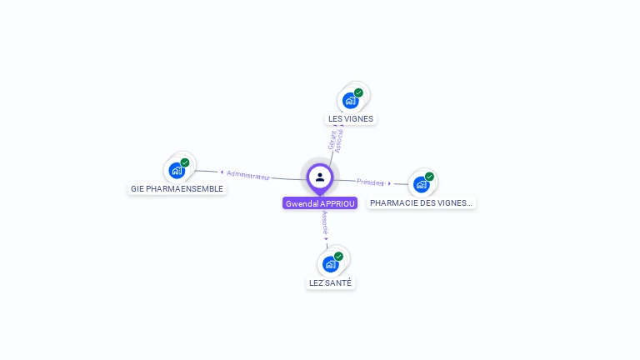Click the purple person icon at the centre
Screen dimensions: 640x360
click(x=320, y=177)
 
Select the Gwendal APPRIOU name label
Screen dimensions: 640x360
click(x=320, y=203)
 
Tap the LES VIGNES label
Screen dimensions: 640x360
click(x=351, y=118)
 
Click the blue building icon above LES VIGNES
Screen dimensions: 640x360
click(x=351, y=100)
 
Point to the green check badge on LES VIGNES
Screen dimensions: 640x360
click(x=358, y=92)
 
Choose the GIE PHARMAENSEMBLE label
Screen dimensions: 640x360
click(x=177, y=188)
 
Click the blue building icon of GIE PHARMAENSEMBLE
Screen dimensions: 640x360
click(x=177, y=170)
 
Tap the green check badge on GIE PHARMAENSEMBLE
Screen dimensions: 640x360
click(x=185, y=162)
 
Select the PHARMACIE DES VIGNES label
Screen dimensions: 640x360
click(x=422, y=202)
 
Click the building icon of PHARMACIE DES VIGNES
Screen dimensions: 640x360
click(x=421, y=184)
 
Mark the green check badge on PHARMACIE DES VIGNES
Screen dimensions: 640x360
click(x=429, y=177)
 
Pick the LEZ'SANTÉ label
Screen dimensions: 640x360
click(x=331, y=282)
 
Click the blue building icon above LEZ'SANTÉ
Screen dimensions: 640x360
click(x=331, y=264)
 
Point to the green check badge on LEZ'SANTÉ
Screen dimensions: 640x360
click(x=338, y=257)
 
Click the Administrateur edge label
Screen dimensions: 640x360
click(x=248, y=175)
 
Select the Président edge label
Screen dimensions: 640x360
click(x=370, y=182)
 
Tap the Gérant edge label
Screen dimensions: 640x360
click(x=332, y=141)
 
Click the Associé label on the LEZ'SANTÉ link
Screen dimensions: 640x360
click(x=325, y=221)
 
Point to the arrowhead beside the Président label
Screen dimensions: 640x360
click(x=389, y=183)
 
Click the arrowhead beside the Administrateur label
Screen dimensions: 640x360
click(x=222, y=172)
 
